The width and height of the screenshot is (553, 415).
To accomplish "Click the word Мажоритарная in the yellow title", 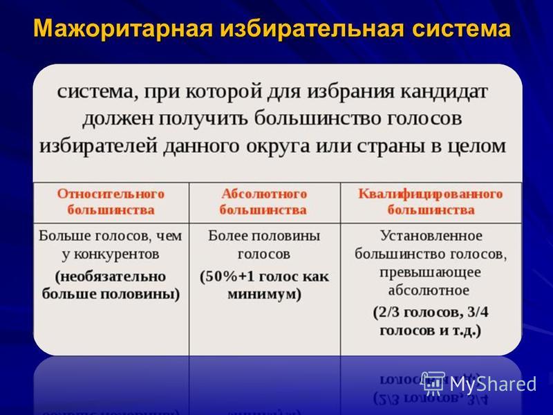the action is tap(123, 28).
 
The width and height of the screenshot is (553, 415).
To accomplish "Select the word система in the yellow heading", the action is tap(461, 29).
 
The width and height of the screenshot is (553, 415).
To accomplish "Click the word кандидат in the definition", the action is tap(444, 92).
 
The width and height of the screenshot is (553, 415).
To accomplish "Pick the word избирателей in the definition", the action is tap(98, 145).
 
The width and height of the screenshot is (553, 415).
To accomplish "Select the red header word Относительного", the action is tap(111, 194).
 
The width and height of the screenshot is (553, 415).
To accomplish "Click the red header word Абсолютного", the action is tap(264, 194).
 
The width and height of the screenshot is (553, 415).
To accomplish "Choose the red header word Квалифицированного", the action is tap(430, 194).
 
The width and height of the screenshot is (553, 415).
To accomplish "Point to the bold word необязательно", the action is tap(111, 276).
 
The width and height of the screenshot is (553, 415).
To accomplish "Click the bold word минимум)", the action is tap(264, 294).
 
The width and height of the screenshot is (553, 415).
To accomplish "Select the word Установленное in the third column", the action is tap(431, 236).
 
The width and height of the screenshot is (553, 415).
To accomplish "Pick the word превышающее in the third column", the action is tap(430, 273).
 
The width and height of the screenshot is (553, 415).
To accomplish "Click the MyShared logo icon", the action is tap(433, 383).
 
